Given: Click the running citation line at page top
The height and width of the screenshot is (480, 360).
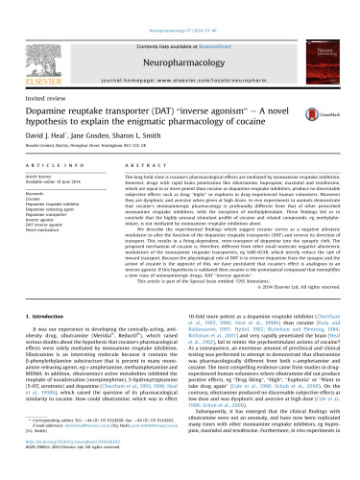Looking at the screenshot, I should tap(180, 5).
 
